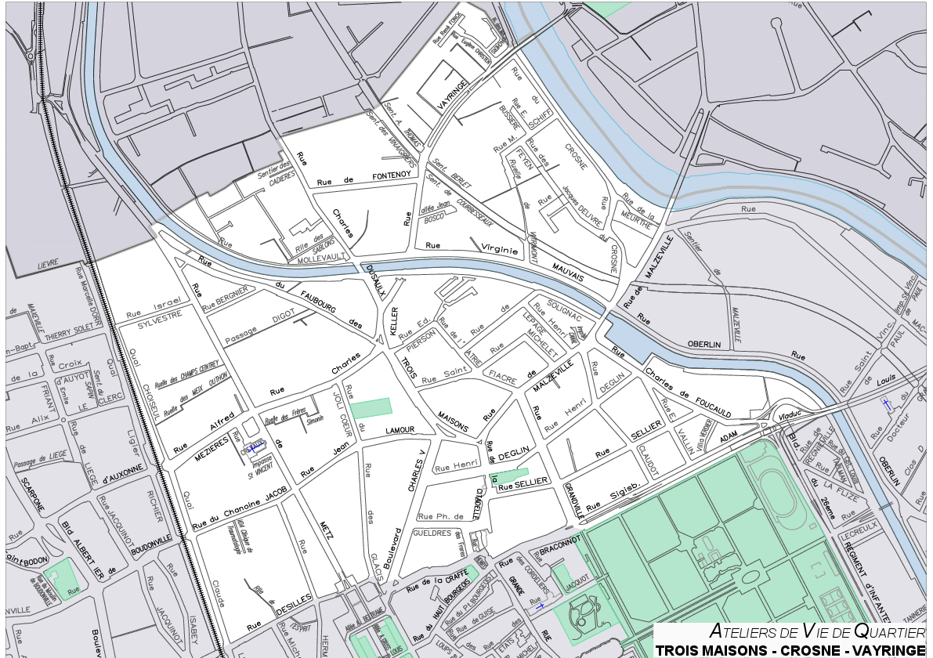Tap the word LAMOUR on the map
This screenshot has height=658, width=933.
coord(400,431)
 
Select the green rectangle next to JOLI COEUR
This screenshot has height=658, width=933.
coord(370,408)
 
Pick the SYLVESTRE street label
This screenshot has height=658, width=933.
coord(154,315)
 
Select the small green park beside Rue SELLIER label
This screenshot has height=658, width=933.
coord(508,475)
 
